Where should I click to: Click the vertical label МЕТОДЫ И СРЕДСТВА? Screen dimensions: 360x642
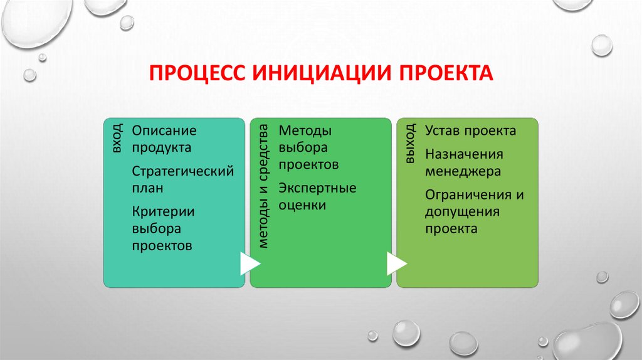coord(263,186)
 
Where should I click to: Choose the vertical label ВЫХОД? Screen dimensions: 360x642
coord(410,144)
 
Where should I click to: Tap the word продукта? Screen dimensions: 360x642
coord(161,148)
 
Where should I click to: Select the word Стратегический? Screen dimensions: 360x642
coord(183,171)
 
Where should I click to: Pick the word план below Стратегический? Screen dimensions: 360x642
coord(147,188)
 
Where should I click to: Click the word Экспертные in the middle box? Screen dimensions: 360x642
coord(317,188)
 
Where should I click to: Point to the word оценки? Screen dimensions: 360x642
coord(302,204)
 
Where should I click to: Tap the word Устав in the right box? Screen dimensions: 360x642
coord(444,131)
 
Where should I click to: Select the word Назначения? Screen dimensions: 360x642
coord(464,154)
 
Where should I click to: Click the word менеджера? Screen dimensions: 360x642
coord(463,171)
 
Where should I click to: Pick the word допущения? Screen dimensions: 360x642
coord(462,211)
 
